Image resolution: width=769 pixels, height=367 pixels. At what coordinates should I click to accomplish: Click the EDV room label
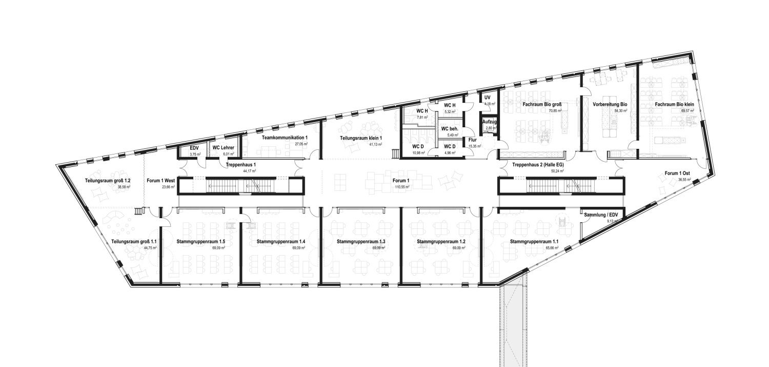(x=194, y=148)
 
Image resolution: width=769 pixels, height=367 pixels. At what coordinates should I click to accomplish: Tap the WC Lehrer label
(x=224, y=148)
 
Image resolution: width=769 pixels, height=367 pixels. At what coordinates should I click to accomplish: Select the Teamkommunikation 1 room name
(x=285, y=138)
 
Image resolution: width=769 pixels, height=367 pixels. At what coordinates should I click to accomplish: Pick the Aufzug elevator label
(x=488, y=121)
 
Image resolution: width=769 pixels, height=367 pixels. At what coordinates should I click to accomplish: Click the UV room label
(x=488, y=97)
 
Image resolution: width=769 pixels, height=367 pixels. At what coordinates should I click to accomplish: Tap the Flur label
(x=473, y=140)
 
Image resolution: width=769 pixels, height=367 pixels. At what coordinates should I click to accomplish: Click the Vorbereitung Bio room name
(x=610, y=104)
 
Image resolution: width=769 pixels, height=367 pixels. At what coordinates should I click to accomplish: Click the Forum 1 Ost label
(x=678, y=173)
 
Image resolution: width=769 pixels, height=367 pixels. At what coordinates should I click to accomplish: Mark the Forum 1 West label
(x=161, y=181)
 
